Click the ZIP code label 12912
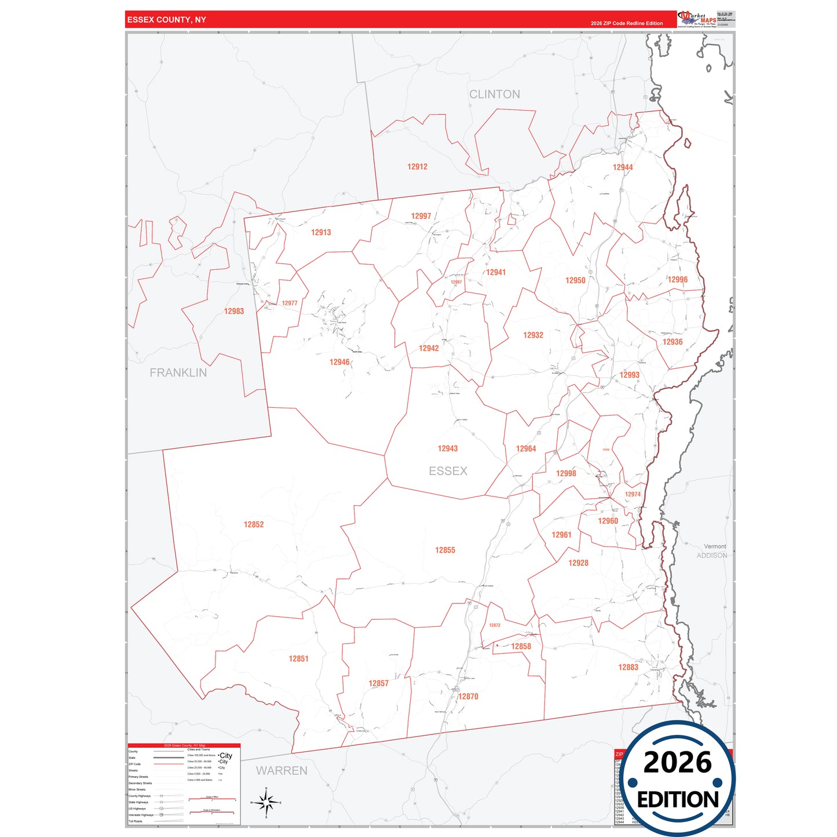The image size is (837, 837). coord(417,167)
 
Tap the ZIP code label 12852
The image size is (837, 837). coord(254,525)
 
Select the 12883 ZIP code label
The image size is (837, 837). coord(628,667)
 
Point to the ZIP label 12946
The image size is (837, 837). coord(339,362)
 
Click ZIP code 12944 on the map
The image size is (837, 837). coord(623,167)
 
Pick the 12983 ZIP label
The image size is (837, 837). coord(234,311)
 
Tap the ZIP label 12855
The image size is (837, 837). coord(445,550)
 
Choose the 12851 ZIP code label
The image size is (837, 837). coord(298,659)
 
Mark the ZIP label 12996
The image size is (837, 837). coord(677,280)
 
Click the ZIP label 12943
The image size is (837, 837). coord(448,448)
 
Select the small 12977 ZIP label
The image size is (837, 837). coord(290,303)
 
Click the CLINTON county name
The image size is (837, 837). coord(495,94)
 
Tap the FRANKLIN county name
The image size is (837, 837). coord(178,373)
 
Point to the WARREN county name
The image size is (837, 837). coord(282,770)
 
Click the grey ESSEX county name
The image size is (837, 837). coord(448,471)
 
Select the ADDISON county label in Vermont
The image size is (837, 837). coord(712,555)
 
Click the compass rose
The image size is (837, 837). coord(266,802)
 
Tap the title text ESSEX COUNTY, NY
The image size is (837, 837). coord(167,20)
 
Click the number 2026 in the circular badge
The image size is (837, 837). coord(677,762)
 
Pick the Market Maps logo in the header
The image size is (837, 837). coord(697,19)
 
